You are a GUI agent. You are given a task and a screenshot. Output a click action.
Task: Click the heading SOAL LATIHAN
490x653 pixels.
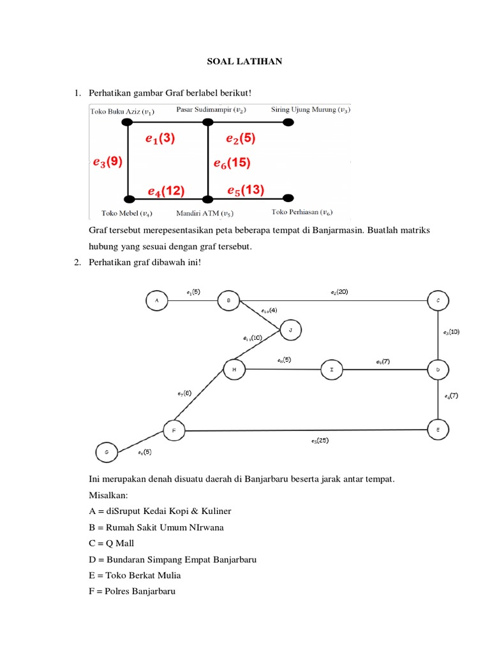click(244, 62)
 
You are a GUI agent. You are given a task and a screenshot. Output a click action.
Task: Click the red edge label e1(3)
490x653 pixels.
click(160, 138)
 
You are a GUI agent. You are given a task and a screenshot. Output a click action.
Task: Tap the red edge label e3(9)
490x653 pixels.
click(107, 162)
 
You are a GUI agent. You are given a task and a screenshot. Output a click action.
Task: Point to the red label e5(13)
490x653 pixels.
click(246, 189)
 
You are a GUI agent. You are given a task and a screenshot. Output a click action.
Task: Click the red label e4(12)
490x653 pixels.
click(166, 191)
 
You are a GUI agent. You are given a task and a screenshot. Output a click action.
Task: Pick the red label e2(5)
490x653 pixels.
click(241, 138)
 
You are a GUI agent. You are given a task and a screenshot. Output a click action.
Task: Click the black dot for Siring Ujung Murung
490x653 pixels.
click(288, 122)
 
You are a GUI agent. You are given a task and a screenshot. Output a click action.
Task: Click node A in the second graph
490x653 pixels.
click(156, 300)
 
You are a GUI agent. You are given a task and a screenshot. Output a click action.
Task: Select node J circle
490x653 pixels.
click(290, 330)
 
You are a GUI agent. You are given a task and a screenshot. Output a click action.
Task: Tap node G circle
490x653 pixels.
click(107, 452)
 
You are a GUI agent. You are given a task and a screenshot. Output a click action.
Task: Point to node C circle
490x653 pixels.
click(438, 300)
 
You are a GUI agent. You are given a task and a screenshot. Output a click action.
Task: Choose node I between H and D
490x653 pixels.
click(331, 369)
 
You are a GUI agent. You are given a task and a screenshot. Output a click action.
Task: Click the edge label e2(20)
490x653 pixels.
click(339, 292)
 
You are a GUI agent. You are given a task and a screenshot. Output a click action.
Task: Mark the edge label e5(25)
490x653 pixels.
click(320, 440)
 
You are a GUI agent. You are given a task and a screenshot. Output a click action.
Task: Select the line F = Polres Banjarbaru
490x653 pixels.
click(132, 591)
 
